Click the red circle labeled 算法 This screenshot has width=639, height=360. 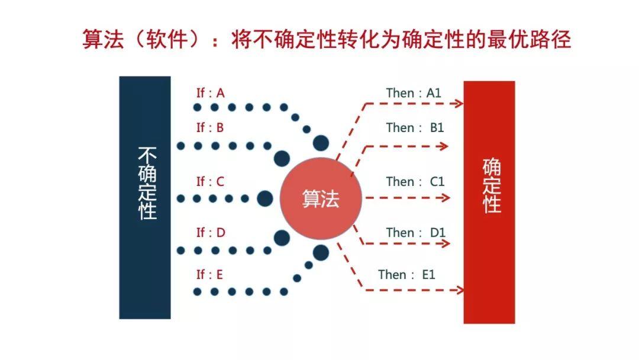pyautogui.click(x=321, y=198)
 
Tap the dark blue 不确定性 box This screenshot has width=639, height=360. pyautogui.click(x=145, y=197)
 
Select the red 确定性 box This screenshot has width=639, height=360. pyautogui.click(x=489, y=202)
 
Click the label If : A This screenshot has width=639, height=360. pyautogui.click(x=210, y=93)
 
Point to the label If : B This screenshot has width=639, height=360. pyautogui.click(x=210, y=128)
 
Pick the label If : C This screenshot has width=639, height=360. pyautogui.click(x=210, y=181)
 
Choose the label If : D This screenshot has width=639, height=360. pyautogui.click(x=211, y=233)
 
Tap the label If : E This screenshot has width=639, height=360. pyautogui.click(x=209, y=274)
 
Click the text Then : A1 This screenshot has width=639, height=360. pyautogui.click(x=414, y=93)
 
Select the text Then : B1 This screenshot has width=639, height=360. pyautogui.click(x=415, y=128)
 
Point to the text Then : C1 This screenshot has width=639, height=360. pyautogui.click(x=415, y=181)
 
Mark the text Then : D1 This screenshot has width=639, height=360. pyautogui.click(x=416, y=233)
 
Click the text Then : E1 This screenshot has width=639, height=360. pyautogui.click(x=406, y=274)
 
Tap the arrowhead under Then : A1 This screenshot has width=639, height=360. pyautogui.click(x=460, y=104)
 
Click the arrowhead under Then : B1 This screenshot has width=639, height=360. pyautogui.click(x=444, y=146)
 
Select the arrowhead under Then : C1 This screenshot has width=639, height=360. pyautogui.click(x=446, y=198)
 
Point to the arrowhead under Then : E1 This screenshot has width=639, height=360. pyautogui.click(x=460, y=290)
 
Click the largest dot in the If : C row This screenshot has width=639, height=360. pyautogui.click(x=265, y=198)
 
